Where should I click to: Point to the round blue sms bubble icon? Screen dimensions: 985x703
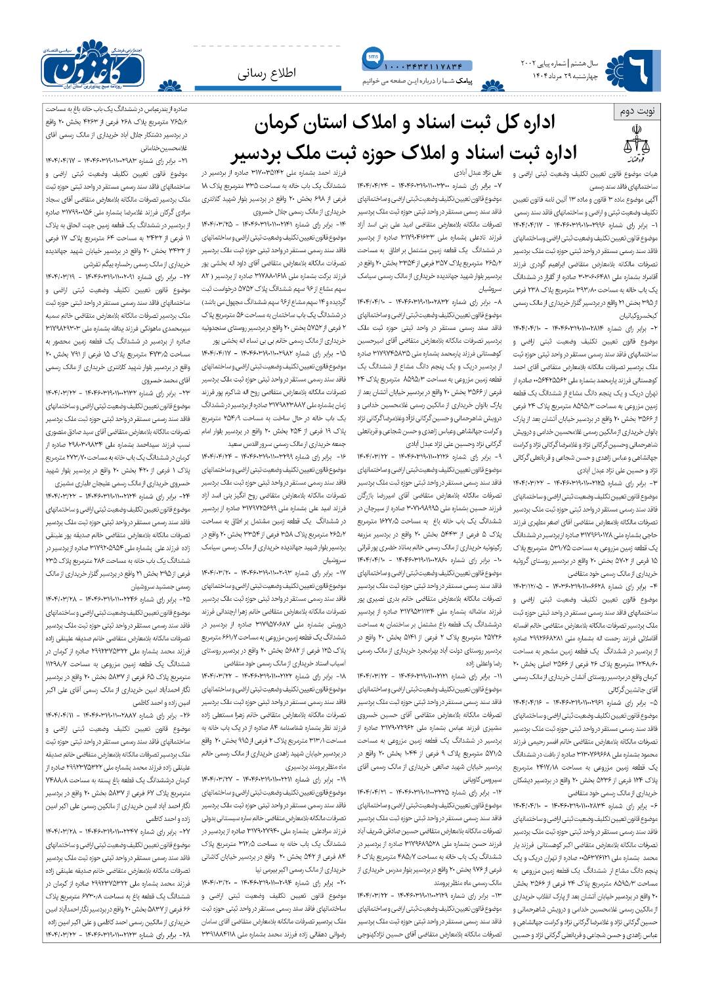click(x=370, y=57)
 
